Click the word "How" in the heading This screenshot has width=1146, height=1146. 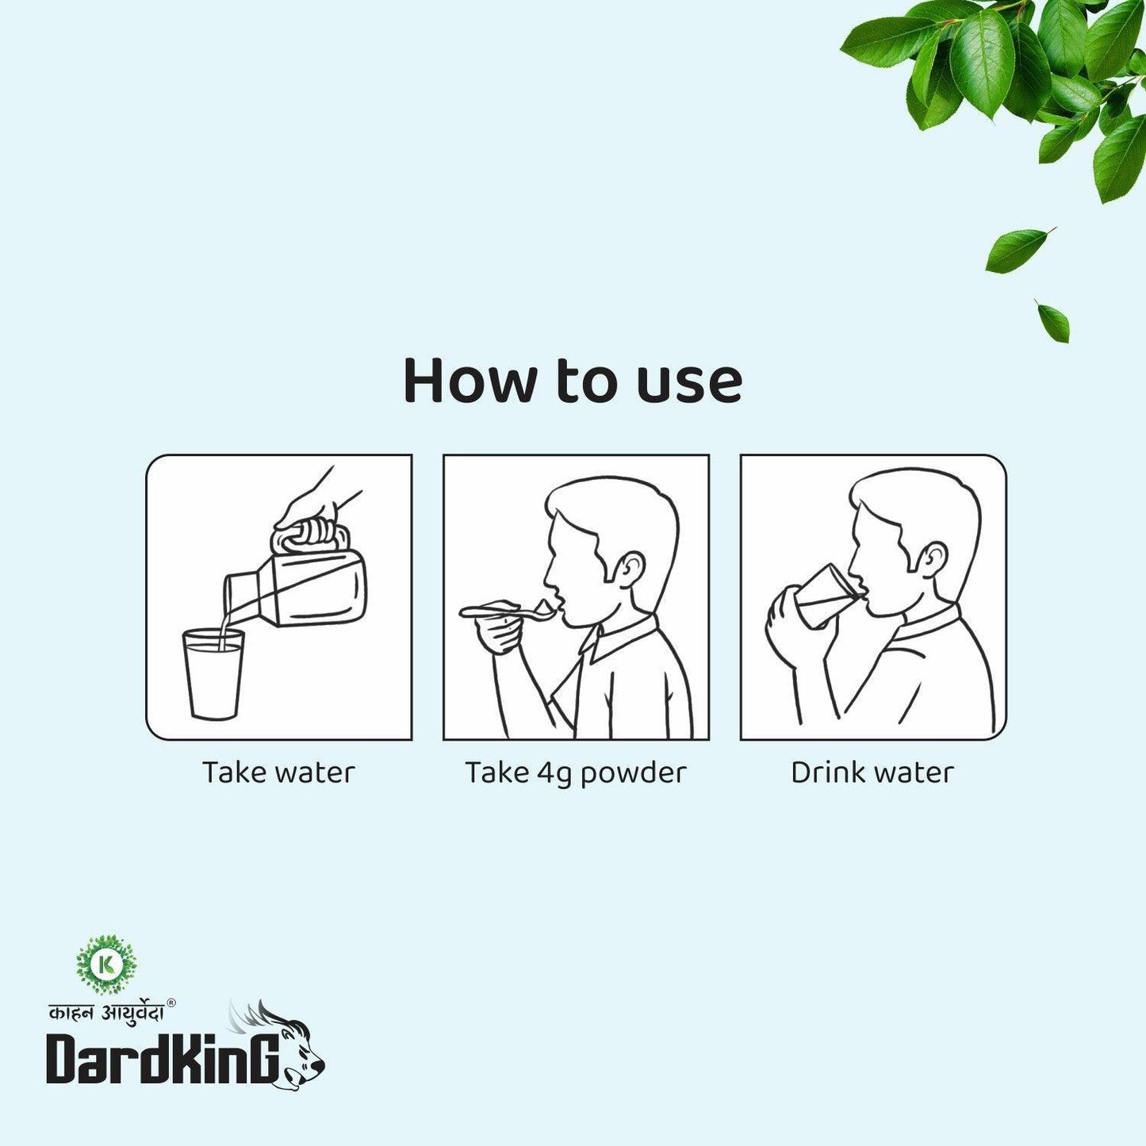click(x=470, y=381)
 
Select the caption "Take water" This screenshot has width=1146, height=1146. click(x=278, y=772)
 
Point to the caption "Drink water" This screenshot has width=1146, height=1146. click(x=872, y=772)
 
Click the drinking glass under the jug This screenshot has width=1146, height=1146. click(x=213, y=674)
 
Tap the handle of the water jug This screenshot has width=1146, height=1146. click(x=309, y=538)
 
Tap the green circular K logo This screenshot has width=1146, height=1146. click(x=107, y=965)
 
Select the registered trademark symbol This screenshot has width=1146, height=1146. click(x=171, y=1002)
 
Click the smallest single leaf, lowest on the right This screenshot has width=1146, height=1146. click(x=1053, y=321)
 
